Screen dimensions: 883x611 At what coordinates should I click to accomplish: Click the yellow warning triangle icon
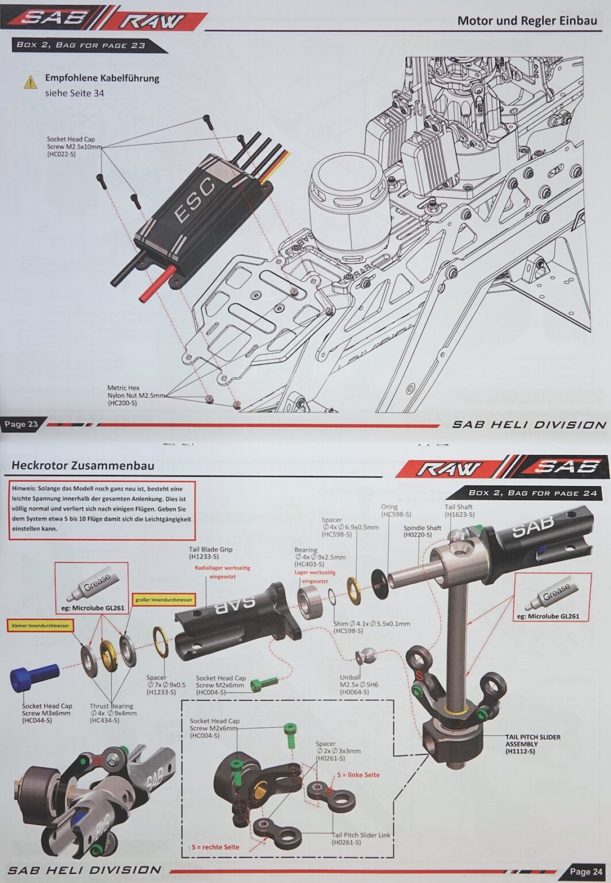pos(30,82)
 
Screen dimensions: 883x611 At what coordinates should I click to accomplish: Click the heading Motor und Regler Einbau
pos(527,21)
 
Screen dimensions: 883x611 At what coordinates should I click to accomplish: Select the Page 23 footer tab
pos(21,424)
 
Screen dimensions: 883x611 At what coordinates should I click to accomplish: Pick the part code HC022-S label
pos(61,155)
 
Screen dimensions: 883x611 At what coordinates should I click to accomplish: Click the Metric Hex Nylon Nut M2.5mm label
pos(136,396)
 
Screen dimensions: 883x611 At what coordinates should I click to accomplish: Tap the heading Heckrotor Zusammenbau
pos(83,465)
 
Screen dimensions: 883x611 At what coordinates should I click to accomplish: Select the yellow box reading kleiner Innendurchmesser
pos(41,625)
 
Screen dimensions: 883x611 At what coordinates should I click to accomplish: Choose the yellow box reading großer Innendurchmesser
pos(164,600)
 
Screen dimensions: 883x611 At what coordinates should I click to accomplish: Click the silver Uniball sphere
pos(365,655)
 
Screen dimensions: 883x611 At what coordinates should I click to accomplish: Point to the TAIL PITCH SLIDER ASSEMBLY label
pos(532,744)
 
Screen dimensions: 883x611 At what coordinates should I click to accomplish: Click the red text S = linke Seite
pos(358,775)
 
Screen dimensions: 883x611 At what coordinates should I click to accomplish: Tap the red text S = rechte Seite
pos(216,847)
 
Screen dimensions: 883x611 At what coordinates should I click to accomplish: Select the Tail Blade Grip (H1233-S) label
pos(210,553)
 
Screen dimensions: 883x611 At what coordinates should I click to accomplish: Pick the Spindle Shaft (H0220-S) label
pos(422,531)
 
